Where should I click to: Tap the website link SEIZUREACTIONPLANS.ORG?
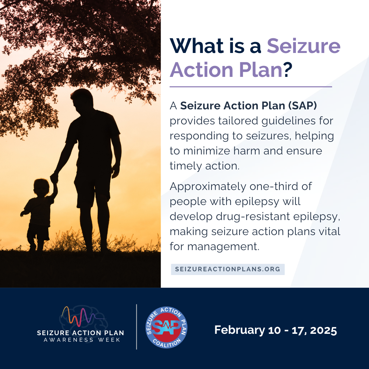[228, 269]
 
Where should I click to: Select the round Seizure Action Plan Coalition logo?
[166, 327]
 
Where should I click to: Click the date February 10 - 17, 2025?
[275, 330]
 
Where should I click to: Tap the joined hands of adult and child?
[54, 178]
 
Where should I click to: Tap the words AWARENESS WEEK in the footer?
[82, 340]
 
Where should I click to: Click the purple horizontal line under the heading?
[251, 87]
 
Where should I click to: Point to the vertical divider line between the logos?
[137, 327]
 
